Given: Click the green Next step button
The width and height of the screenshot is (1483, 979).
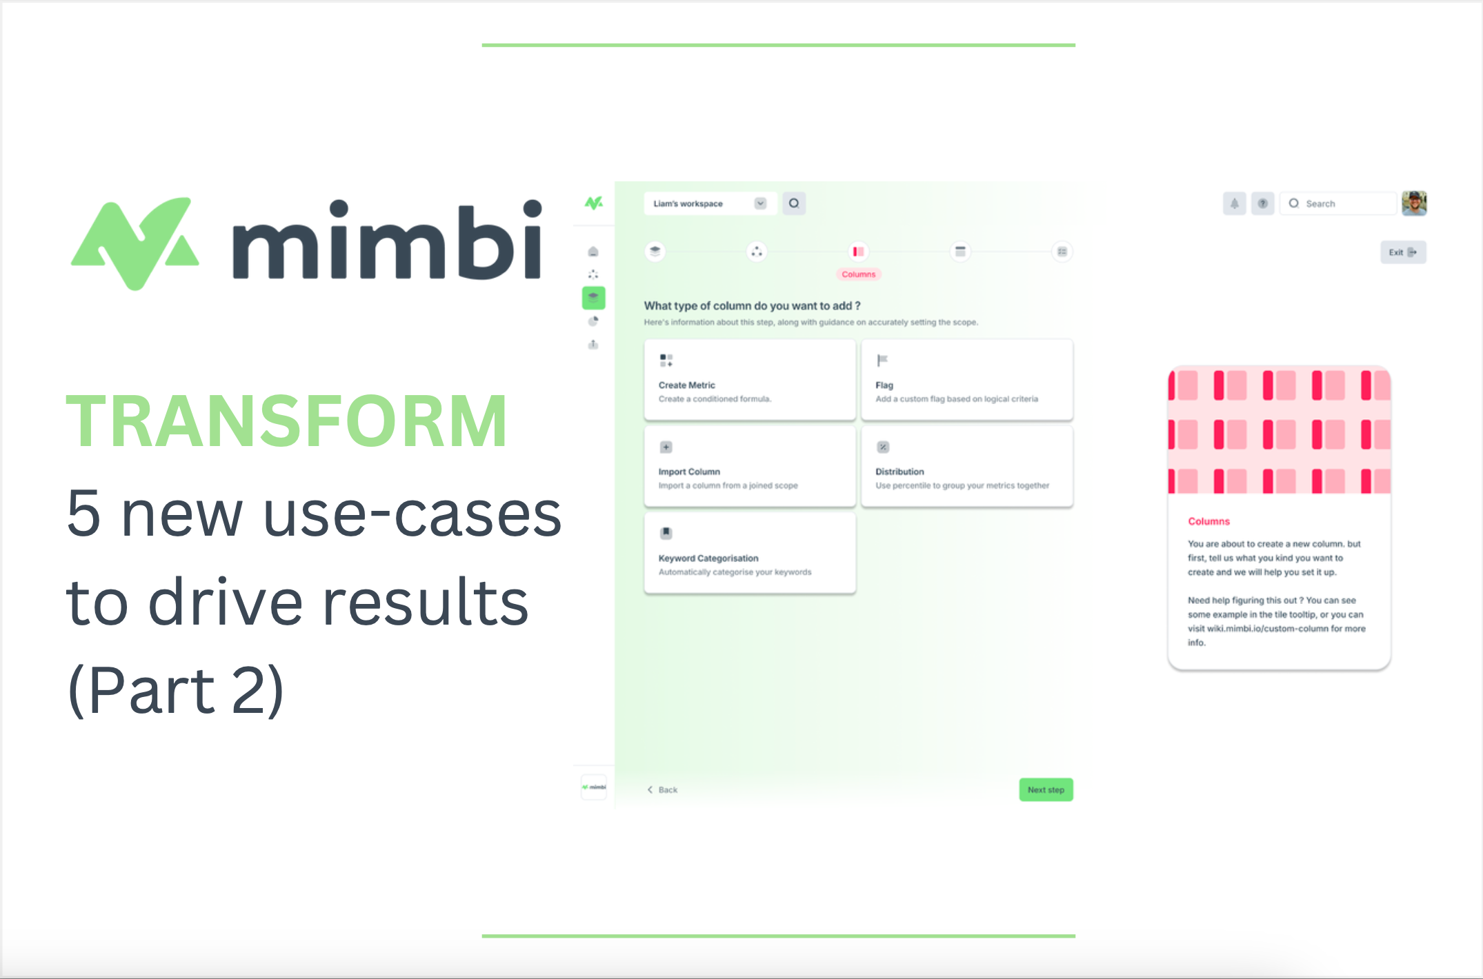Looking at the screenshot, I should (x=1045, y=789).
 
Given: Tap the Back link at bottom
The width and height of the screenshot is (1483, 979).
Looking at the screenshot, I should (x=663, y=789).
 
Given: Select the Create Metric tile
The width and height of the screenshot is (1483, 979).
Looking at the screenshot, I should (x=749, y=379).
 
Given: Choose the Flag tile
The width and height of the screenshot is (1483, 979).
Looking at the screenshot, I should (x=966, y=379).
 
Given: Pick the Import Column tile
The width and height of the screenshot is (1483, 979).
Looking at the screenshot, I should (x=749, y=466).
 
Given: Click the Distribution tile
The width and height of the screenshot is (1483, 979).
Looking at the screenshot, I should (x=966, y=466).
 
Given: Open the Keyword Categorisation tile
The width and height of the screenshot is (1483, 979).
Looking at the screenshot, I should (x=749, y=552).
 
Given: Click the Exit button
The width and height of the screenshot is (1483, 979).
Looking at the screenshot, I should (x=1402, y=252).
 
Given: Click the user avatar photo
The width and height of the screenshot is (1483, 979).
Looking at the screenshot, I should (x=1414, y=203).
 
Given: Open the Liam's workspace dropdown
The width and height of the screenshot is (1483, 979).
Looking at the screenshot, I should (x=710, y=203).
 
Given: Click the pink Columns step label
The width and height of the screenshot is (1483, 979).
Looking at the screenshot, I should (x=858, y=274).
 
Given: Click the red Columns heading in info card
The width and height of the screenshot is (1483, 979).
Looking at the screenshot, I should (x=1208, y=521).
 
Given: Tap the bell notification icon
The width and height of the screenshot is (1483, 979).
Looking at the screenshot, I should (x=1234, y=203).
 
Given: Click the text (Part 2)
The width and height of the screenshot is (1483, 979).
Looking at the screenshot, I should (x=175, y=689).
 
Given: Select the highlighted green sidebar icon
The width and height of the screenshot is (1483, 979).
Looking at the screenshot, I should (x=593, y=298).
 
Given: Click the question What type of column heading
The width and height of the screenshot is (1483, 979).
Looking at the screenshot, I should (x=752, y=305).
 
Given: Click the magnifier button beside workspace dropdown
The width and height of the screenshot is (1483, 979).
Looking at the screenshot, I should (x=794, y=203).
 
